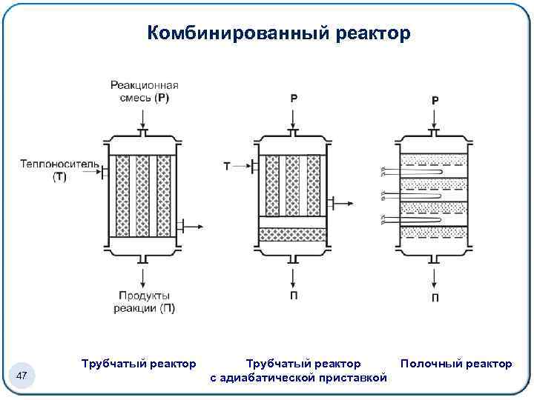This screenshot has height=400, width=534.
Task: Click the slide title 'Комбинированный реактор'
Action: (x=278, y=33)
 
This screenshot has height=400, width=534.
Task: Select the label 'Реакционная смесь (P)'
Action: (x=144, y=91)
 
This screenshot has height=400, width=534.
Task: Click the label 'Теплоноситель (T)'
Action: (x=49, y=170)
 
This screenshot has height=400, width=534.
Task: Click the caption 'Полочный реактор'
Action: (x=455, y=364)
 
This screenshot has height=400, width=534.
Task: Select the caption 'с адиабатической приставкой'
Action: (x=298, y=379)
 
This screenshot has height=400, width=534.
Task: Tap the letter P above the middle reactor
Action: (x=294, y=98)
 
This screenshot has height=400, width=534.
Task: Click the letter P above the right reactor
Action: (x=435, y=100)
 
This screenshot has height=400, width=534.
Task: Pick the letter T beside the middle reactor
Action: (x=227, y=167)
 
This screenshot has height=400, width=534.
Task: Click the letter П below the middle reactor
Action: (x=294, y=296)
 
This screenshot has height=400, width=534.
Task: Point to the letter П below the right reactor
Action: (x=435, y=298)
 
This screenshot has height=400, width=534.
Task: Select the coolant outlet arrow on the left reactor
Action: (x=191, y=225)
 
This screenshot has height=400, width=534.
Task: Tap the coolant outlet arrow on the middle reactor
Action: (x=342, y=200)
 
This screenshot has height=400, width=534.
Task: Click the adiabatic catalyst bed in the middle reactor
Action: (x=293, y=235)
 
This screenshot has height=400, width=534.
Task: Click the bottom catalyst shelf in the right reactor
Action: (x=435, y=233)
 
